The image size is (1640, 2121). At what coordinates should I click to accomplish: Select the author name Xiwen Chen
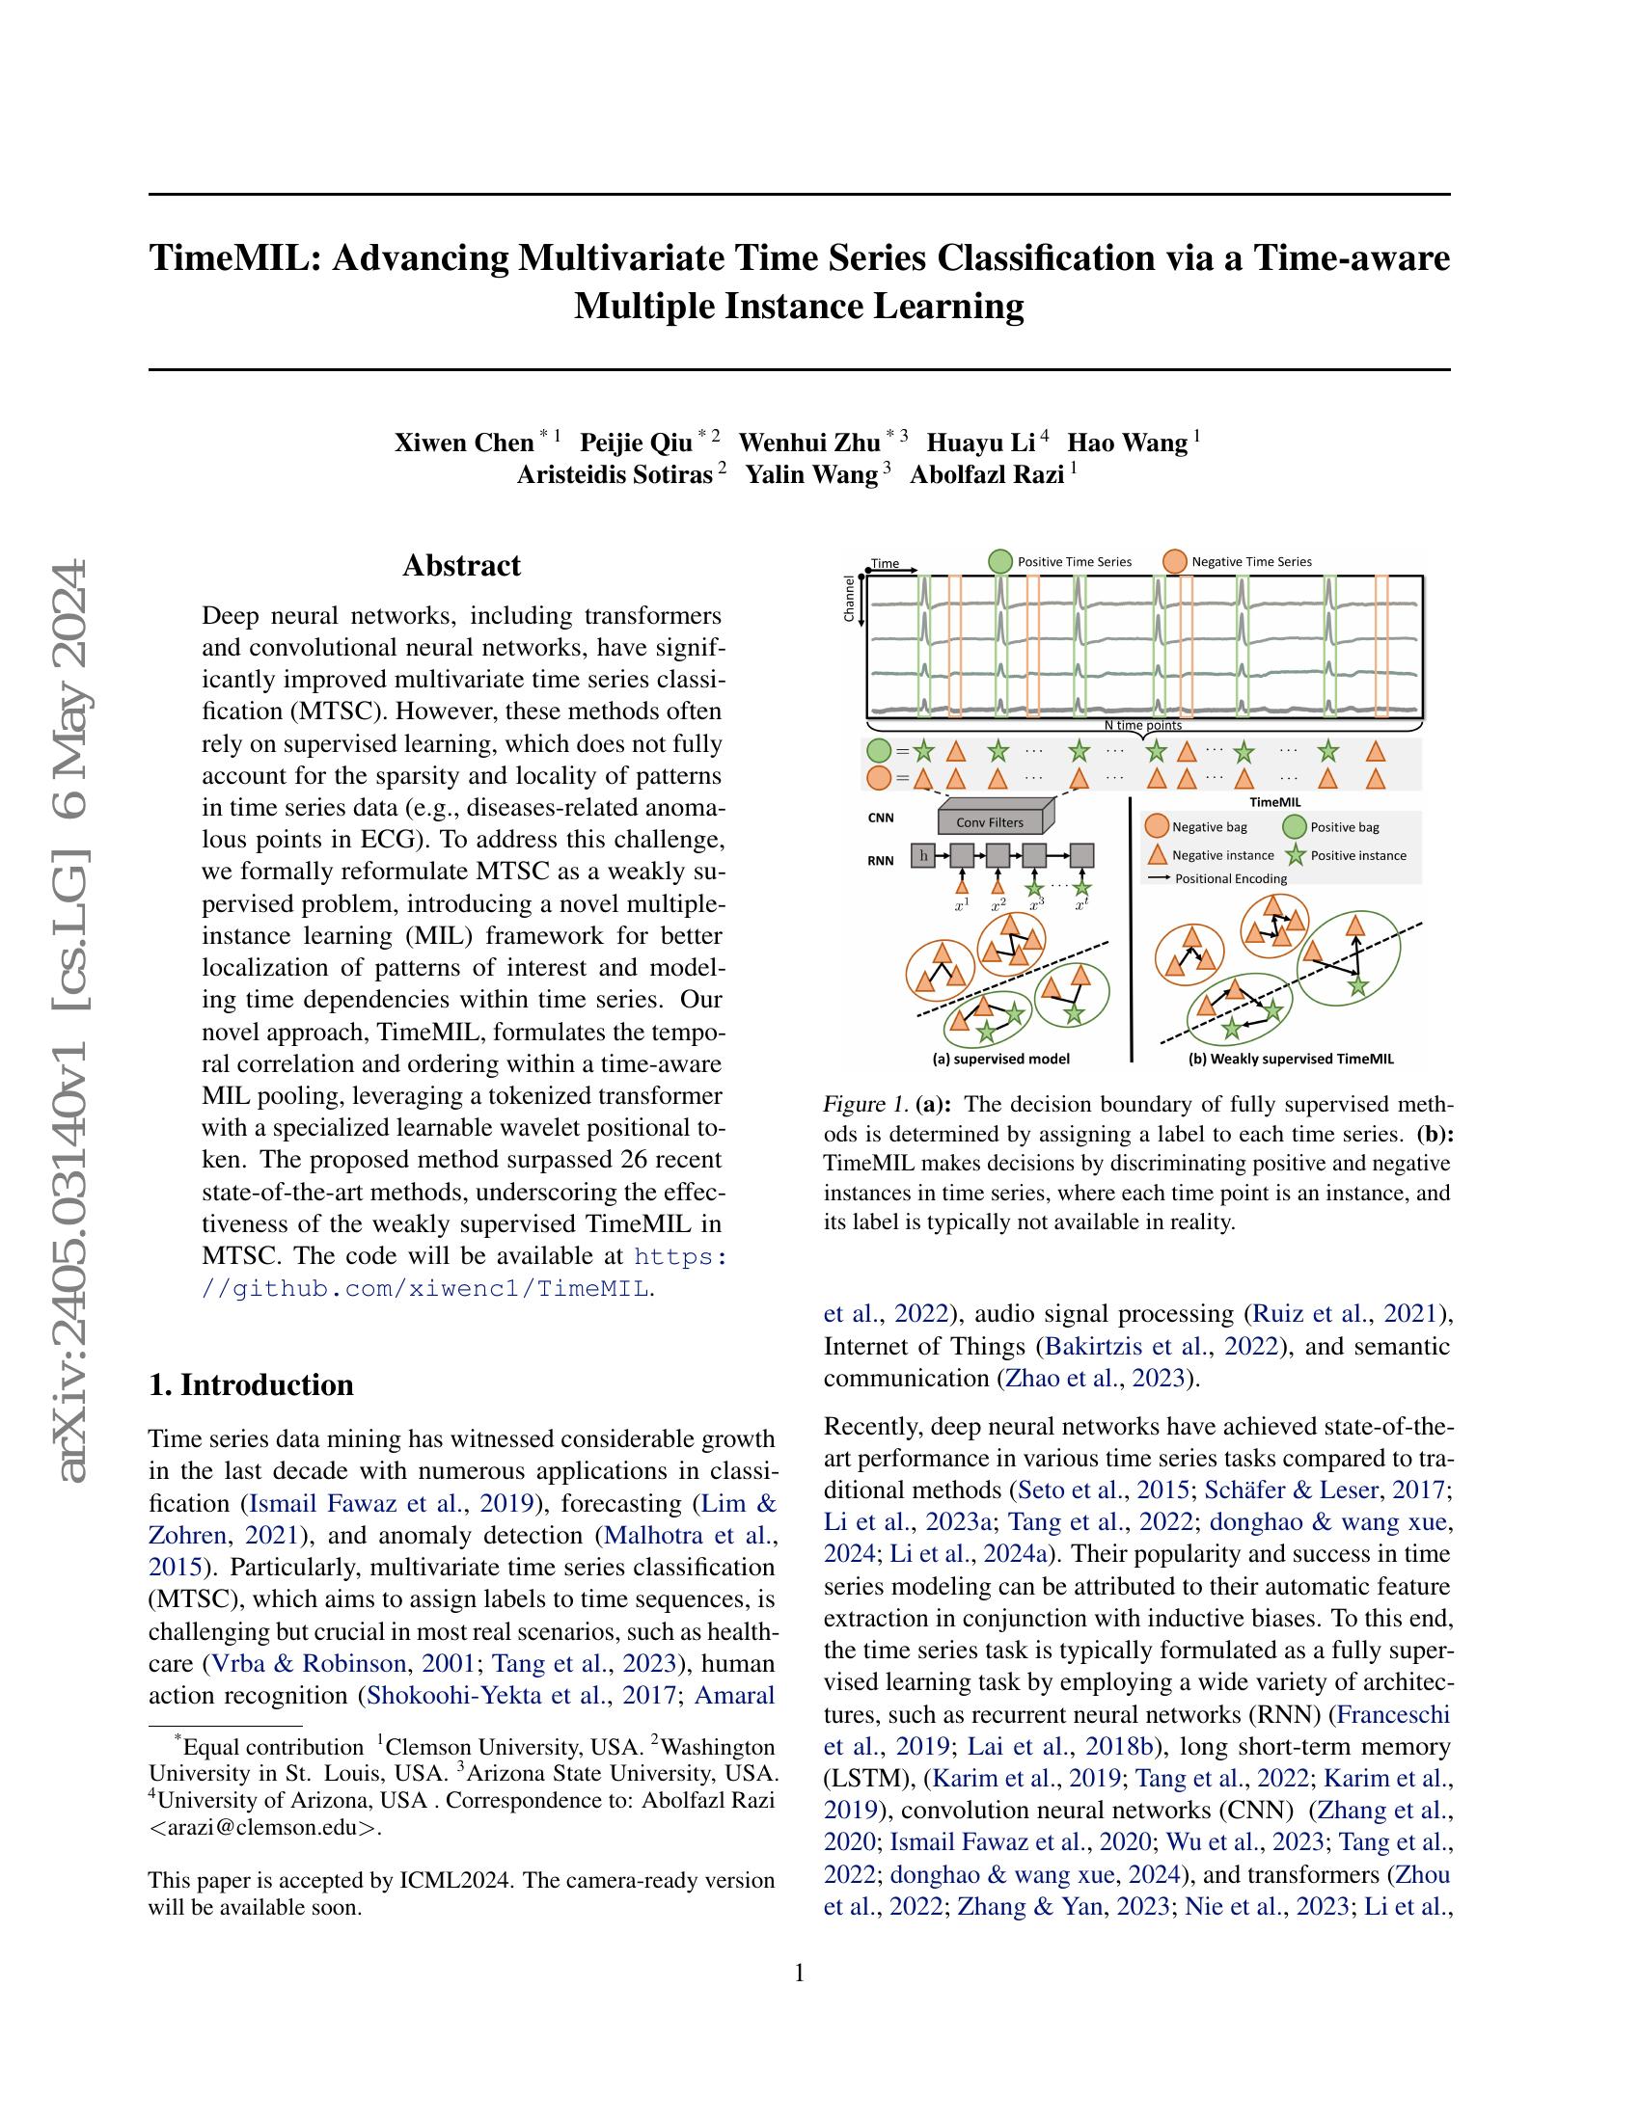coord(463,443)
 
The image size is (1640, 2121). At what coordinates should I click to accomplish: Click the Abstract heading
coord(461,565)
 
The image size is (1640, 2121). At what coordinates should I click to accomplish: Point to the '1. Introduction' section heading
coord(251,1383)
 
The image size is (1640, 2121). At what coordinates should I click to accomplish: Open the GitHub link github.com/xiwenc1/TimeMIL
coord(426,1289)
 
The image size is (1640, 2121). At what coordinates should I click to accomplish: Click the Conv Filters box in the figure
coord(989,821)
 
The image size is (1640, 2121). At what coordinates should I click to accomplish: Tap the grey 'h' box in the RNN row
coord(922,854)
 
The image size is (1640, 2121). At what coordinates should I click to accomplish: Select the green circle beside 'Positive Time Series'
coord(999,561)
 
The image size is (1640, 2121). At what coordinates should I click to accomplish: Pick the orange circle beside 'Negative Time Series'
coord(1175,561)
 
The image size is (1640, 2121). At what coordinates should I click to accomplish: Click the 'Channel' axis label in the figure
coord(849,599)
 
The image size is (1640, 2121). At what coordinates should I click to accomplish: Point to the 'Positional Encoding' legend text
coord(1230,879)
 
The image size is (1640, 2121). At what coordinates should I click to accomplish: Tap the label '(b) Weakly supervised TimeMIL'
coord(1290,1059)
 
